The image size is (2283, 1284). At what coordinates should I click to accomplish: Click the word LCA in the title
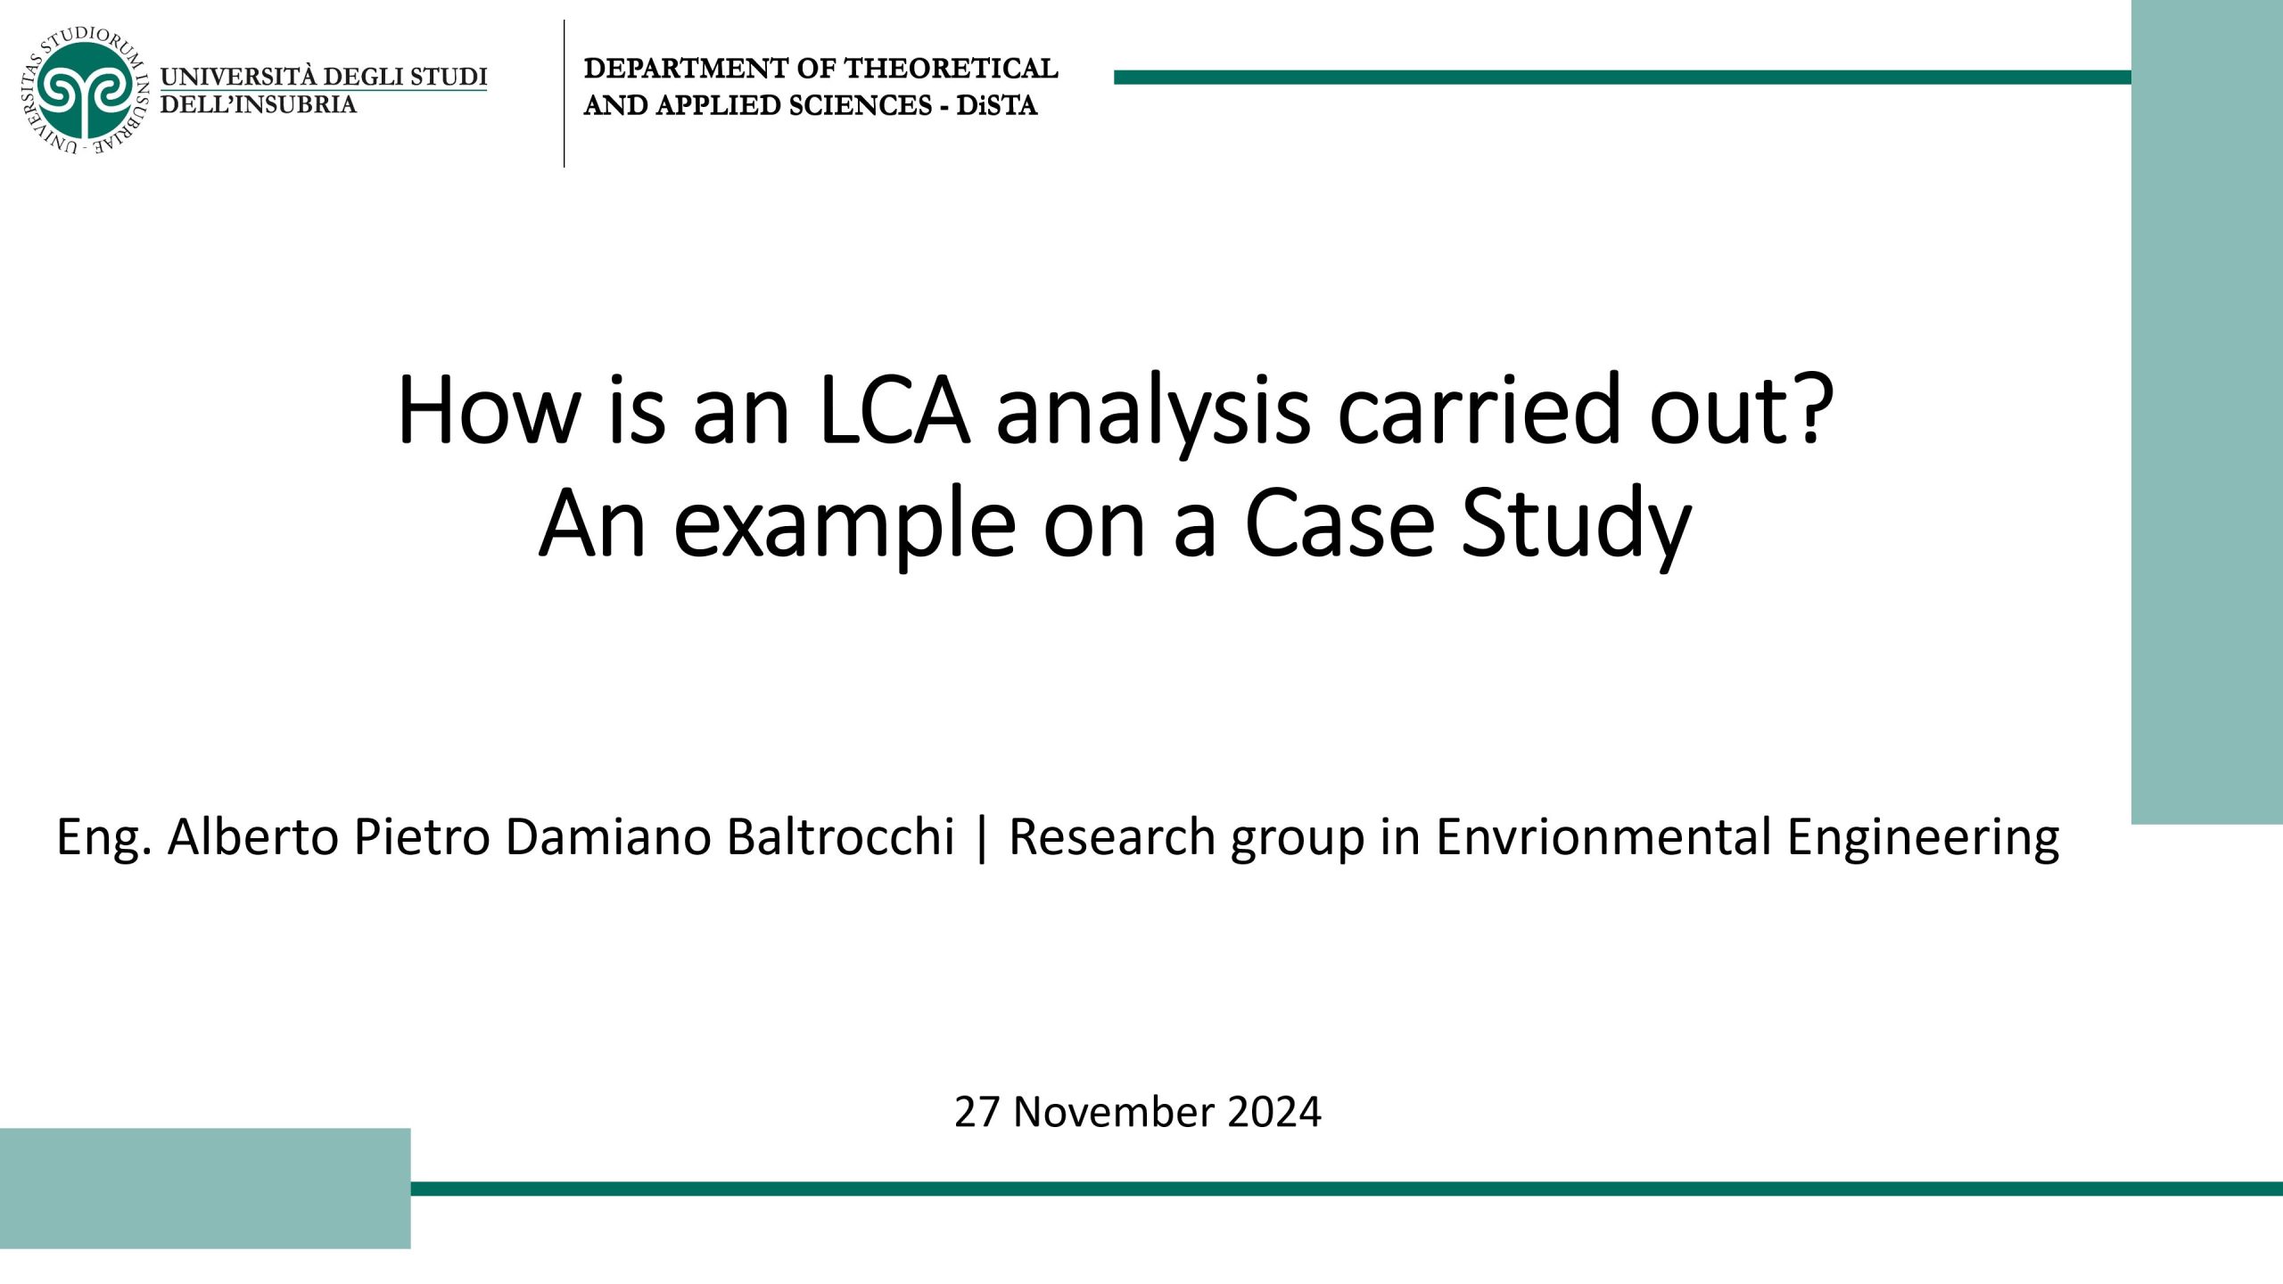pos(894,411)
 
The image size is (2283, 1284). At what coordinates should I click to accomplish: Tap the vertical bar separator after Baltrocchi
pos(982,839)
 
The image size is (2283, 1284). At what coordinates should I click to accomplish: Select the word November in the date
pos(1114,1112)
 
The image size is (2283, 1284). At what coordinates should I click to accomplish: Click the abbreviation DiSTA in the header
pos(997,106)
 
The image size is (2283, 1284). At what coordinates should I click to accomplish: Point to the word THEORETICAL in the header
pos(951,69)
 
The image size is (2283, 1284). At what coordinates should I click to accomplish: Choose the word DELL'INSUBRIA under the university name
pos(258,104)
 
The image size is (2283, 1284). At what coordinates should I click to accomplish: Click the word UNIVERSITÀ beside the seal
pos(237,77)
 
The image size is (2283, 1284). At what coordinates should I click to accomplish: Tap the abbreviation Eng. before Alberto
pos(103,839)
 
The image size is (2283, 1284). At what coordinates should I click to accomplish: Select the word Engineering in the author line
pos(1924,839)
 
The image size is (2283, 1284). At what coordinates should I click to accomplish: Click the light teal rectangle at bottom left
pos(205,1188)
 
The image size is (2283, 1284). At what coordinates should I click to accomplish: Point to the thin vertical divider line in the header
pos(565,93)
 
